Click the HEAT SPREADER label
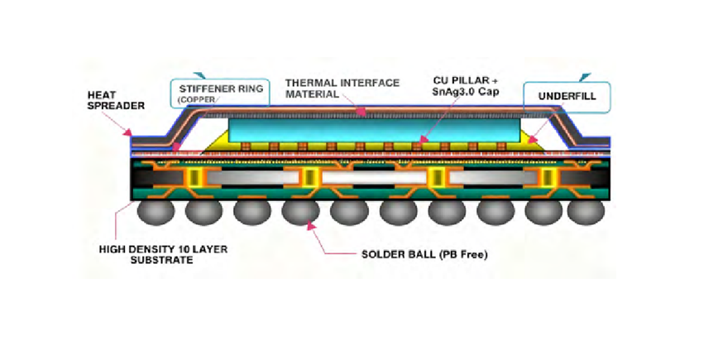108,102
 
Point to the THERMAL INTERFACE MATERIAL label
342,89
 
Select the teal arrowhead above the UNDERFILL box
586,76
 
